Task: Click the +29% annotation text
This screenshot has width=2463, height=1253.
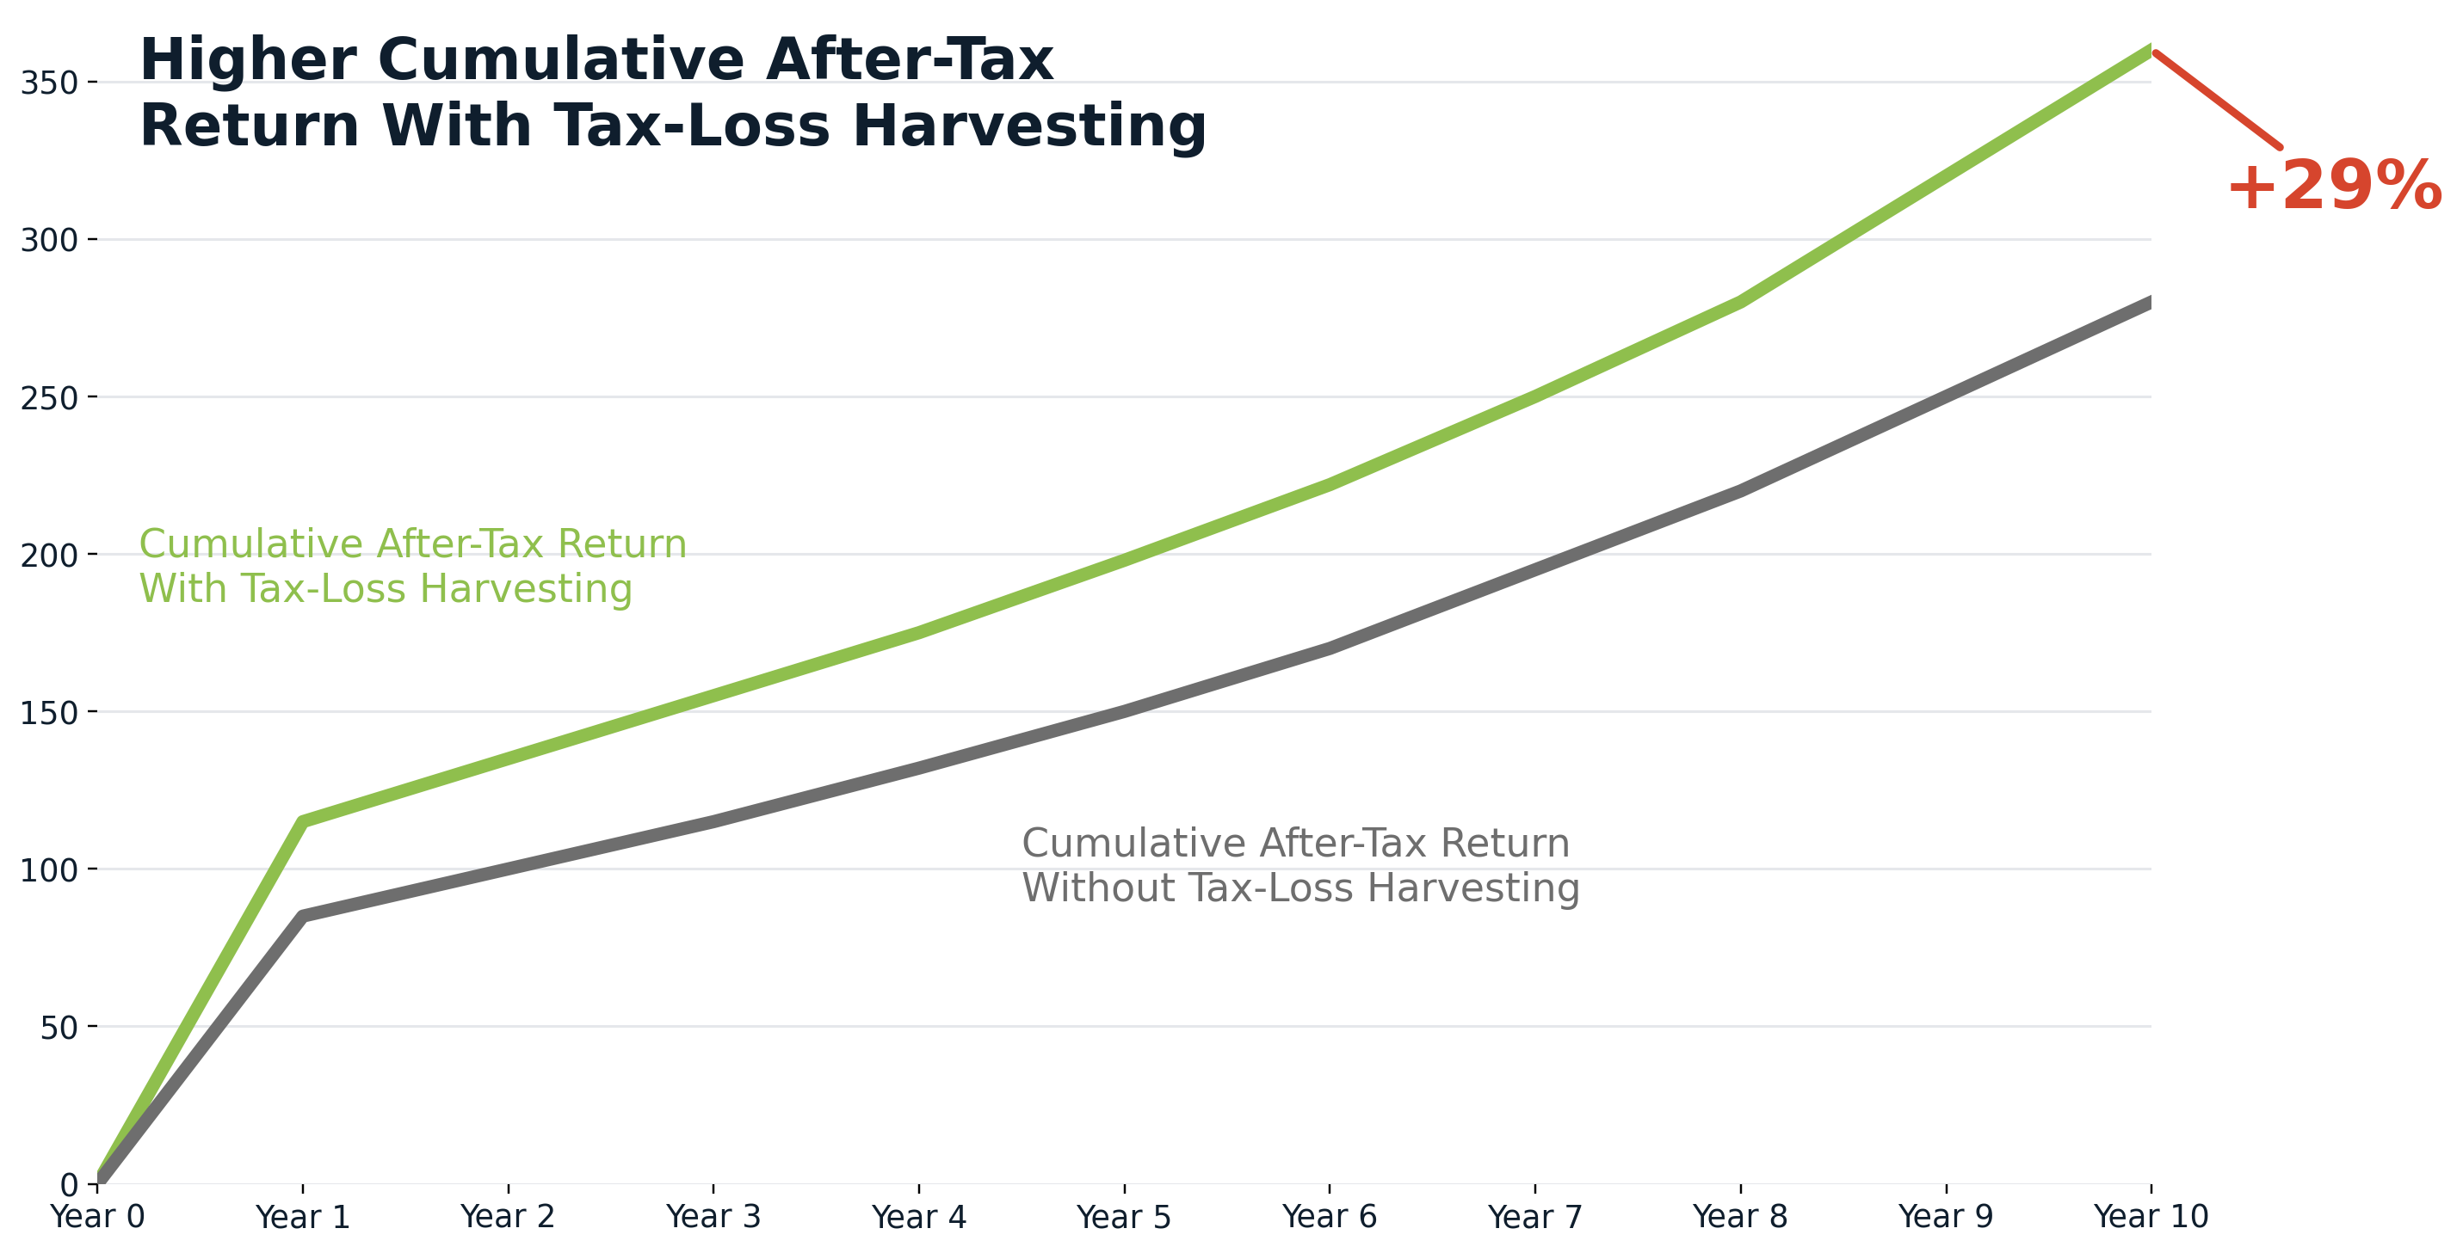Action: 2334,187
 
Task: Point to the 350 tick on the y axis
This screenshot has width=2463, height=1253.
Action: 49,83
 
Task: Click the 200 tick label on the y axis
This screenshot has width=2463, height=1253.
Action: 49,556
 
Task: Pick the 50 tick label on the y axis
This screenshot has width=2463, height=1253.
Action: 59,1028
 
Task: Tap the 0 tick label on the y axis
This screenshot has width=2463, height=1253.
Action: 69,1185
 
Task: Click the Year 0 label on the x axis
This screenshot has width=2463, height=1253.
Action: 97,1218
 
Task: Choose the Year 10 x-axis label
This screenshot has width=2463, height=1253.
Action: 2151,1218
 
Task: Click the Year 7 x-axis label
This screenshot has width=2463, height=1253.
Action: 1534,1218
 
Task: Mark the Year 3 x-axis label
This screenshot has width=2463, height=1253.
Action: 713,1218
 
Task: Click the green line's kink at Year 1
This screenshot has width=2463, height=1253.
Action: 303,821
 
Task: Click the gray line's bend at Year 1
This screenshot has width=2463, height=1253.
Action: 303,916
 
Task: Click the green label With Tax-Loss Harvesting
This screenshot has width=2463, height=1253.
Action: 386,589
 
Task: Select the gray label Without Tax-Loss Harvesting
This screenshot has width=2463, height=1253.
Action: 1300,888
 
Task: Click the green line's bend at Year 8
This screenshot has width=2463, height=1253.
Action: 1740,302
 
